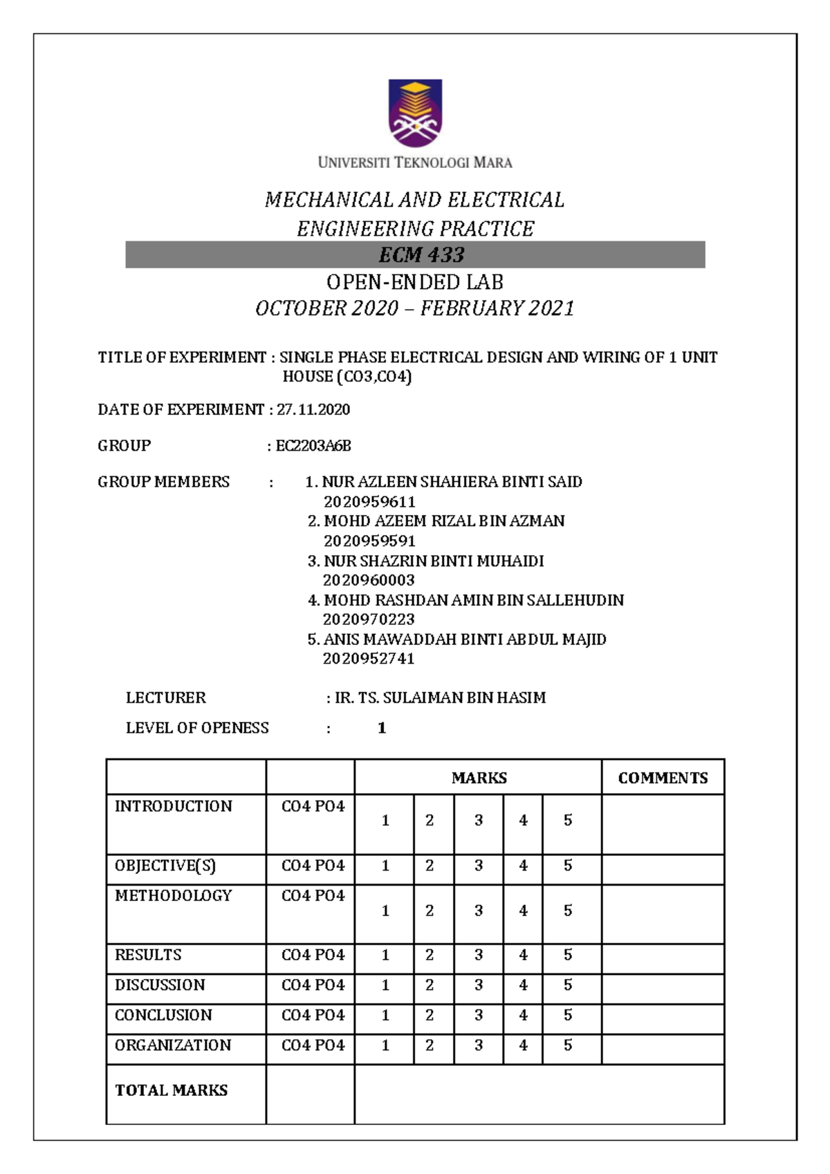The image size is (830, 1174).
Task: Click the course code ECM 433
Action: [421, 255]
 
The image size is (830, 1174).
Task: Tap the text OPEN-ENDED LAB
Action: [415, 282]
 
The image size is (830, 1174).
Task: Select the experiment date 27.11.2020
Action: [313, 409]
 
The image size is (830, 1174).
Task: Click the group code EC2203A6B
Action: [313, 446]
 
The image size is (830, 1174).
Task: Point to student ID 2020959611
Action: [369, 502]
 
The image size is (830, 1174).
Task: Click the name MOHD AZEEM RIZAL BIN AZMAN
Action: [444, 521]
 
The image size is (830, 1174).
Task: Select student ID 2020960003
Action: [369, 580]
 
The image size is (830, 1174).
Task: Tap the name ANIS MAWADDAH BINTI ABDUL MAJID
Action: [465, 640]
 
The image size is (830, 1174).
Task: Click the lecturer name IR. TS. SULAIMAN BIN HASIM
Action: [440, 698]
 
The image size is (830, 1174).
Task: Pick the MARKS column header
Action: [479, 778]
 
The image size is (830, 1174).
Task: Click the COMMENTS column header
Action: [663, 778]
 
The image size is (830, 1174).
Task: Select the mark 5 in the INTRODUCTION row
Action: [568, 821]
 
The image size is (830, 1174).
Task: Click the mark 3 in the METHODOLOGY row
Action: [479, 911]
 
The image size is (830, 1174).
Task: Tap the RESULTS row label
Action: [148, 955]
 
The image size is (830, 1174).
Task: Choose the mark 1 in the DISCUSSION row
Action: [385, 985]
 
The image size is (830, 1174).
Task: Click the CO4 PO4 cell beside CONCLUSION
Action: [313, 1015]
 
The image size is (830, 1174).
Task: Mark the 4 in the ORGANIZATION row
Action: [523, 1045]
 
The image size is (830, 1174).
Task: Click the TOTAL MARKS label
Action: [172, 1090]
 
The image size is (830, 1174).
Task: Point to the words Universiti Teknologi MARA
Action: [415, 163]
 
